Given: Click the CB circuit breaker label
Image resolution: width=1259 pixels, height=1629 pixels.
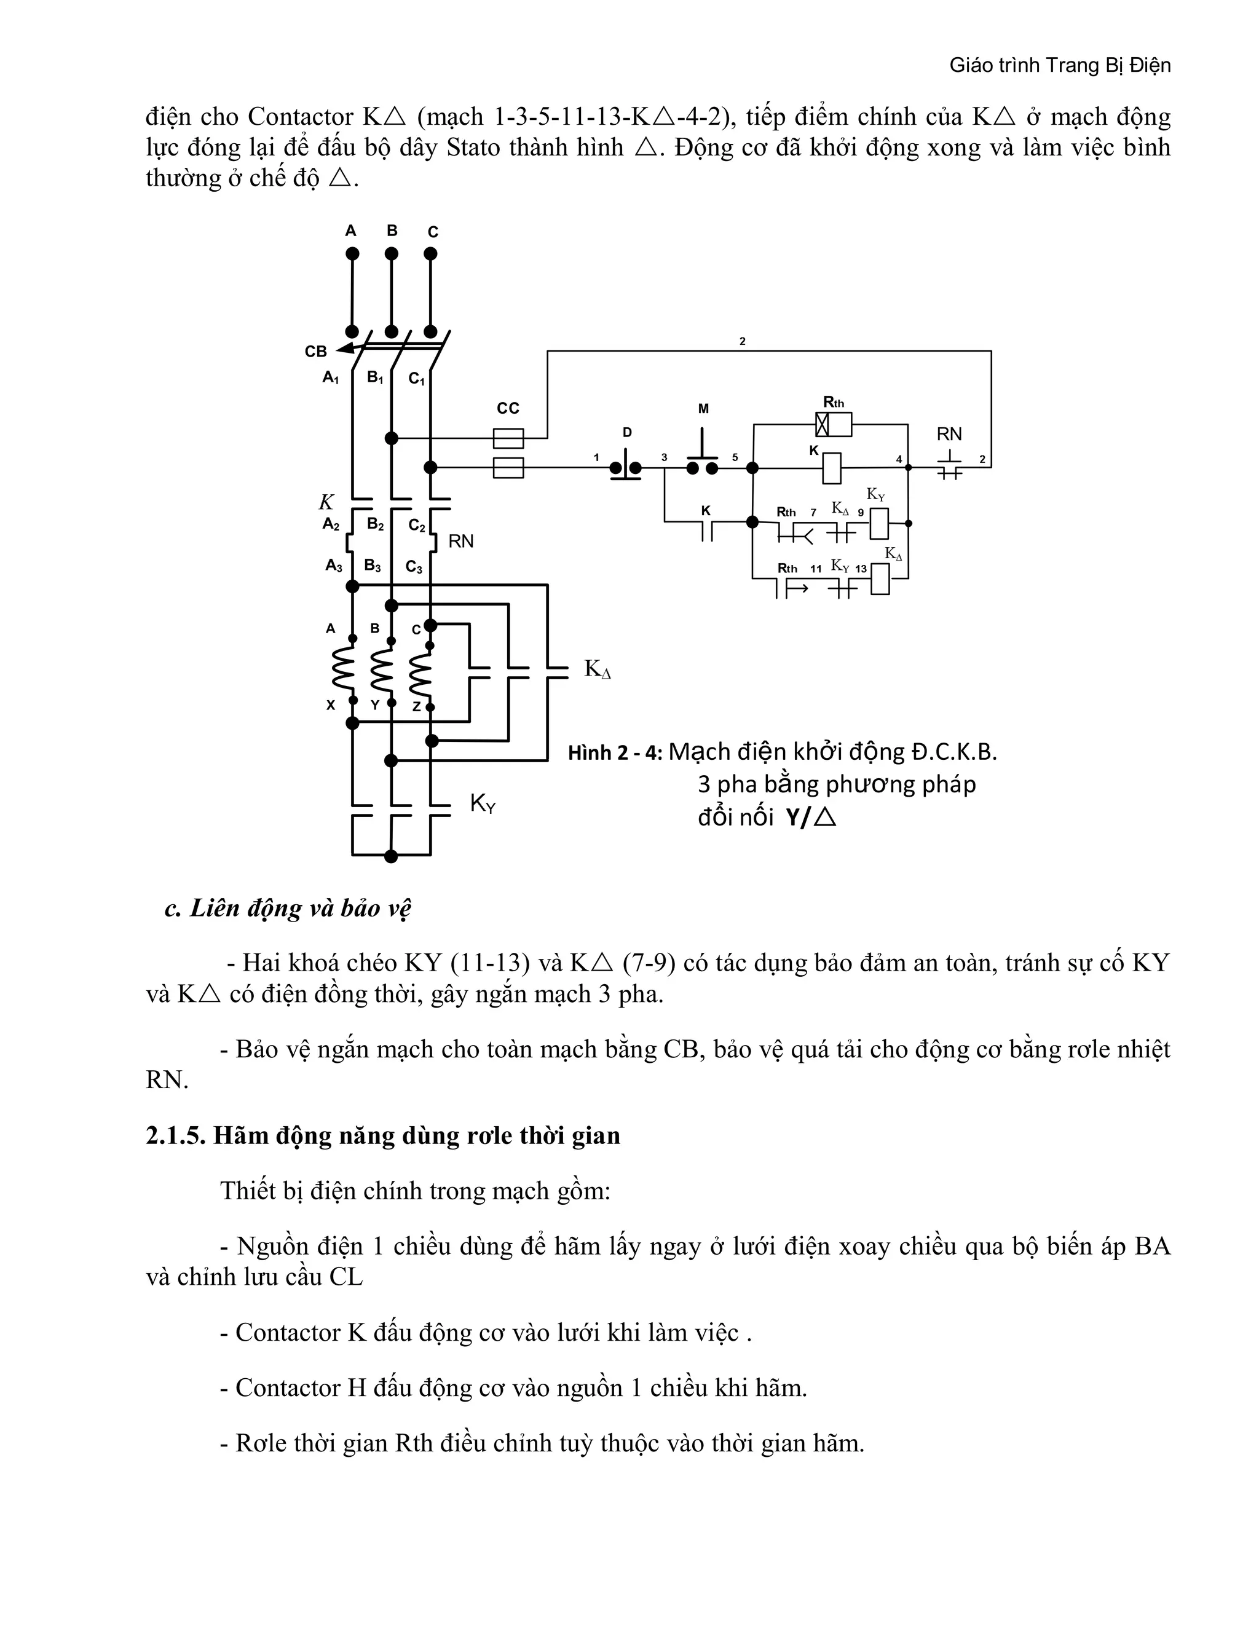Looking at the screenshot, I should coord(315,351).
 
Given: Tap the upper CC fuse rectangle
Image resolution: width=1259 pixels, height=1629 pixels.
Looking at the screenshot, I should coord(508,438).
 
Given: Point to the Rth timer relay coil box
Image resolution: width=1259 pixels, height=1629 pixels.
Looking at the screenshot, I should coord(833,424).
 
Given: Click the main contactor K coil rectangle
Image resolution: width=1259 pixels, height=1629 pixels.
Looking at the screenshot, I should coord(832,468).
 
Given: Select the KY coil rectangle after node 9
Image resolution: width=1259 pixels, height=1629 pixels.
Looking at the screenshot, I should coord(879,524).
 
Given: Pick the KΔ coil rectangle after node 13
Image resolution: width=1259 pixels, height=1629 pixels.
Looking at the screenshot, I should coord(880,580).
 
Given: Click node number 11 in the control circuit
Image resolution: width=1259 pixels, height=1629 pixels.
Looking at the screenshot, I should coord(816,569).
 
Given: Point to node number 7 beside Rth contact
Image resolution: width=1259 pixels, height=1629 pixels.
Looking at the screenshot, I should coord(814,513).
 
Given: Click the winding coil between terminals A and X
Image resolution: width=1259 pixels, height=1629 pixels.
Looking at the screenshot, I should coord(342,669).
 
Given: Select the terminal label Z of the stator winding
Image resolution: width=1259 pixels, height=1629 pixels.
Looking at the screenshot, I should coord(417,706).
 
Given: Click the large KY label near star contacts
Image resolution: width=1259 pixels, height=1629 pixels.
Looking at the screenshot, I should coord(483,803).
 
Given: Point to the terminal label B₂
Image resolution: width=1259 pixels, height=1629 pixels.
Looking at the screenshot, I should coord(375,524).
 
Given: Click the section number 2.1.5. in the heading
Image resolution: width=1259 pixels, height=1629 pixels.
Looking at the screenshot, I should coord(175,1135).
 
